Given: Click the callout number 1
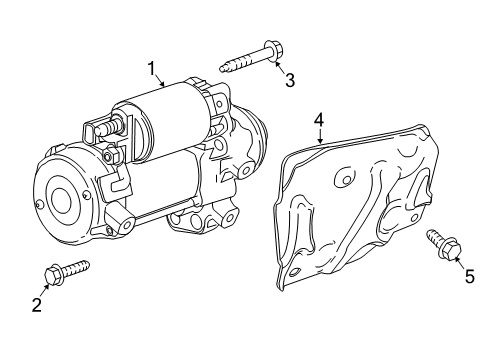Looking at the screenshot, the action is pos(152,69).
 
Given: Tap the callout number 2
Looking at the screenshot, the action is pos(37,305).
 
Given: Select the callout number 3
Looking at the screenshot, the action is pos(290,80).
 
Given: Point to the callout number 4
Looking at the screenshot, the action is pos(319,120).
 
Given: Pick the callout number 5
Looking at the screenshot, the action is pos(469,276).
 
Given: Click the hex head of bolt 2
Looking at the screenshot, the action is pos(53,276).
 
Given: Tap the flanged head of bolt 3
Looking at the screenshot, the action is pos(272,51).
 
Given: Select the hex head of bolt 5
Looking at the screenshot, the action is pos(451,249).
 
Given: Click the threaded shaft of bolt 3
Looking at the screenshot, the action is pos(243,62).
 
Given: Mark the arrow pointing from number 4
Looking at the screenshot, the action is pos(320,136).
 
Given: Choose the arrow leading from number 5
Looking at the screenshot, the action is pos(460,264).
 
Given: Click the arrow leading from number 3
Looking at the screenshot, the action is pos(280,67).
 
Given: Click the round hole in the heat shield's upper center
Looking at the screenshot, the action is pos(346,180).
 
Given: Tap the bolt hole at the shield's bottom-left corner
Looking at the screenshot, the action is pos(294,272).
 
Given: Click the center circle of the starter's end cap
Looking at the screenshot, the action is pos(60,202).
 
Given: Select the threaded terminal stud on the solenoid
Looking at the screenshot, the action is pos(107,127).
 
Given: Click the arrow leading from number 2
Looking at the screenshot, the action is pos(44,291).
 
